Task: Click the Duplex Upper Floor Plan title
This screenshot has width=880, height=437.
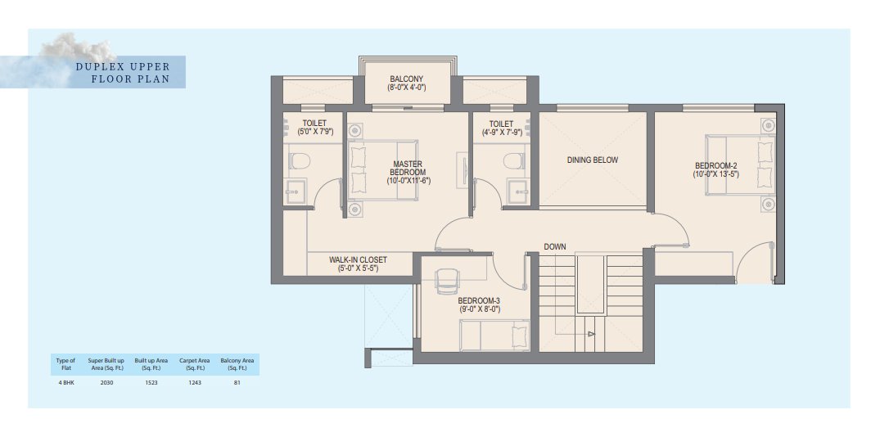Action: (123, 73)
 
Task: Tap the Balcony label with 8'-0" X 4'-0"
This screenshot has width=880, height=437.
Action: (406, 83)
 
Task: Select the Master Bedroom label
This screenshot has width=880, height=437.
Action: (408, 172)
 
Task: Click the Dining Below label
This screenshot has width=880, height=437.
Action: (592, 160)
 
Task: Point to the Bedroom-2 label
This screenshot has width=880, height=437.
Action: (715, 169)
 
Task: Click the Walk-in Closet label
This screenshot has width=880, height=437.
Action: (358, 264)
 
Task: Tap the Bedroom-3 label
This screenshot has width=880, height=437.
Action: (479, 304)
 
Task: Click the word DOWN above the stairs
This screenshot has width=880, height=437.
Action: (554, 247)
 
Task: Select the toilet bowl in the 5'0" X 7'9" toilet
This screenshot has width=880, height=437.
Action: (300, 161)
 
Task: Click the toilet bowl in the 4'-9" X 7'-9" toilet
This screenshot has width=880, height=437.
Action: (513, 161)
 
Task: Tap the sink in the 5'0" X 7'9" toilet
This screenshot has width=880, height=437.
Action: (295, 191)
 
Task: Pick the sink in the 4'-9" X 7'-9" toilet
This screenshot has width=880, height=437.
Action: (518, 191)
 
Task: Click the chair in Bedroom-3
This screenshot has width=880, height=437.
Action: (447, 280)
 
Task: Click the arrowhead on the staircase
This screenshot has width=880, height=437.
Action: (591, 335)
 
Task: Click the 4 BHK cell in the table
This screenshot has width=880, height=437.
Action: (65, 383)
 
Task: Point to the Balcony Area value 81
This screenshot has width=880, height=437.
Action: (237, 383)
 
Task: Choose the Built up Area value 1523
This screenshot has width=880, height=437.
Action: (148, 383)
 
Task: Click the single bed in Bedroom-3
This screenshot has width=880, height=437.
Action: (494, 336)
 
